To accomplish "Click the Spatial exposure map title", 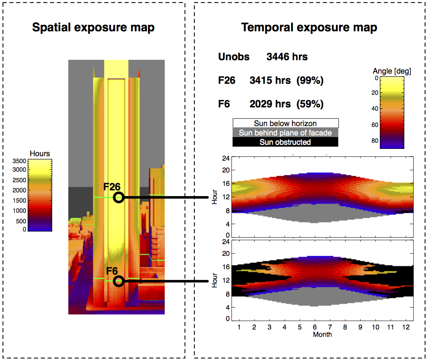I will (x=93, y=28).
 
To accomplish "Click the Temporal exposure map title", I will (x=309, y=28).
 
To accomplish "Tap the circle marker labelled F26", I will (x=118, y=197).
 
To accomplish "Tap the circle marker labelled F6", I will (x=118, y=281).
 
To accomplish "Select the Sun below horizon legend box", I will (x=285, y=123).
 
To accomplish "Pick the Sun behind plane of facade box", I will (x=285, y=133).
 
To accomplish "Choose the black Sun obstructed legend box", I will (x=285, y=142).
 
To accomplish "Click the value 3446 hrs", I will (x=287, y=57).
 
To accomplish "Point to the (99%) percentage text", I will (x=310, y=81).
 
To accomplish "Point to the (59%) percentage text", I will (x=310, y=104).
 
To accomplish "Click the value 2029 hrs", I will (x=270, y=104).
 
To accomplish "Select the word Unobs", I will (x=234, y=57).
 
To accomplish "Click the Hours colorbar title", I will (x=40, y=153).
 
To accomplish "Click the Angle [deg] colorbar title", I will (x=392, y=71).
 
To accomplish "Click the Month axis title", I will (x=322, y=334).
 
